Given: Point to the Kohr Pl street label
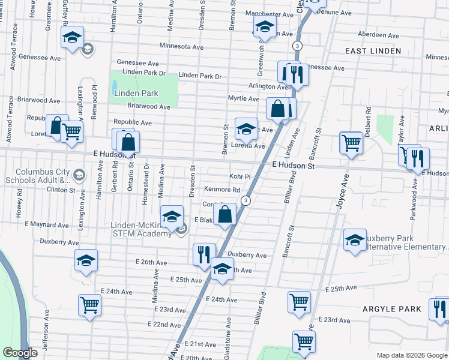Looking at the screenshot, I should coord(239,177).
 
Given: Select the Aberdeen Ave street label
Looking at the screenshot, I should coord(378,35).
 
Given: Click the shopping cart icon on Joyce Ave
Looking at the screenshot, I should coord(351,143).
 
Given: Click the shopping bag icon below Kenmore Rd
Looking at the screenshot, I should coord(224,214).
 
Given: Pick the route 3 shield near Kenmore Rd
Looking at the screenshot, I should coord(245,200).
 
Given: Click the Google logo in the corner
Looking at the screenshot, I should coord(20,353).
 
